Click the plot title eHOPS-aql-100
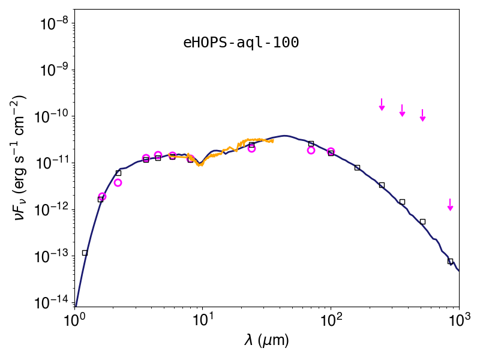pyautogui.click(x=241, y=43)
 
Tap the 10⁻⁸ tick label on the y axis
pyautogui.click(x=55, y=23)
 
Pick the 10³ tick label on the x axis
pyautogui.click(x=459, y=320)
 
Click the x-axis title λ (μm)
pyautogui.click(x=266, y=340)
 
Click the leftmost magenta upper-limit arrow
pyautogui.click(x=382, y=104)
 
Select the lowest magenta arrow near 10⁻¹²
pyautogui.click(x=450, y=205)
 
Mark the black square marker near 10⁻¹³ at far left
pyautogui.click(x=85, y=253)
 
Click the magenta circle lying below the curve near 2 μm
pyautogui.click(x=118, y=183)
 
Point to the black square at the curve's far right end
pyautogui.click(x=450, y=261)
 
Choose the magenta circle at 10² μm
pyautogui.click(x=331, y=151)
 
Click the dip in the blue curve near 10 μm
pyautogui.click(x=200, y=164)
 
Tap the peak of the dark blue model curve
pyautogui.click(x=284, y=136)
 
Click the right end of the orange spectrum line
pyautogui.click(x=273, y=141)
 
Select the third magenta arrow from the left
pyautogui.click(x=422, y=115)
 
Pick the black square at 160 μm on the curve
pyautogui.click(x=357, y=167)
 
